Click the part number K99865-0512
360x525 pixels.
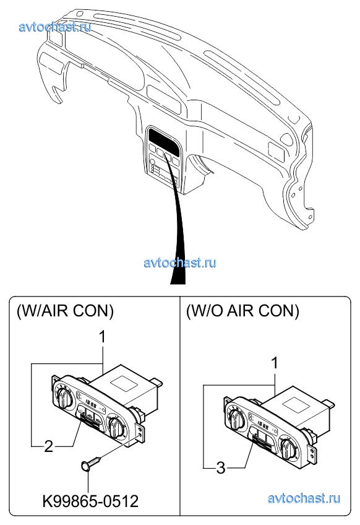[x=90, y=501]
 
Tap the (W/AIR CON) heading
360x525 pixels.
[x=65, y=311]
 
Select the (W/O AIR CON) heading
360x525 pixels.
[x=242, y=311]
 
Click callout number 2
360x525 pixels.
[x=49, y=446]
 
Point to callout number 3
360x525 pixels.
[x=221, y=468]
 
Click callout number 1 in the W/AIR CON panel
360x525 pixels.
[x=103, y=337]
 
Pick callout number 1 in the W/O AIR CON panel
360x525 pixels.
[x=275, y=363]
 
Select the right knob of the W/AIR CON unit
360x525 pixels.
[x=116, y=425]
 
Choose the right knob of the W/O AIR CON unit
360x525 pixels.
[x=288, y=447]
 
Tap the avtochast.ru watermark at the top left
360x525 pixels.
[x=55, y=27]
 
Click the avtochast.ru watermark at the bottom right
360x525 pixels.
[x=304, y=498]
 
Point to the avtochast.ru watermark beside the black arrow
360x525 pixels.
[x=180, y=262]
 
